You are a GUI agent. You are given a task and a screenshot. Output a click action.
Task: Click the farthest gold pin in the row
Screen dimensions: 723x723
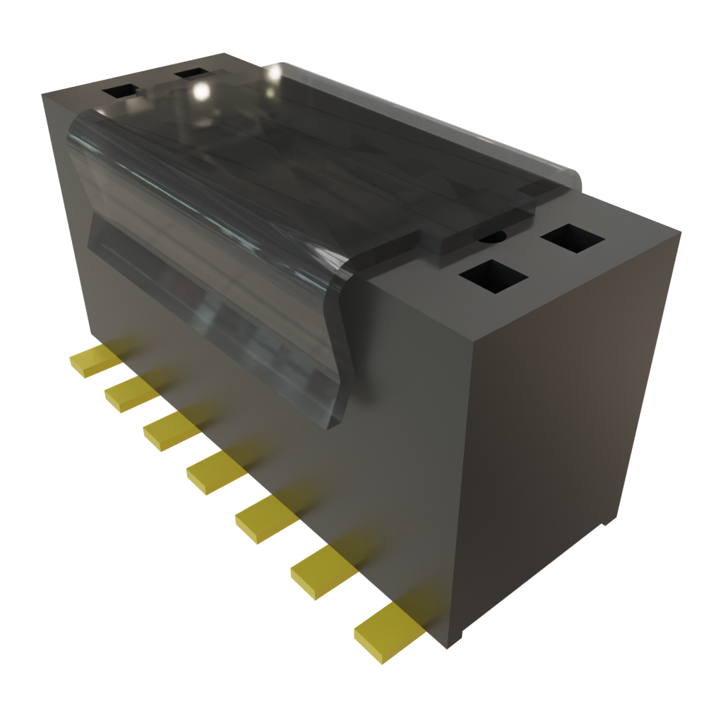point(95,359)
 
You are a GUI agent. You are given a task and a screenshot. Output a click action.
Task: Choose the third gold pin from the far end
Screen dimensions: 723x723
point(170,429)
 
